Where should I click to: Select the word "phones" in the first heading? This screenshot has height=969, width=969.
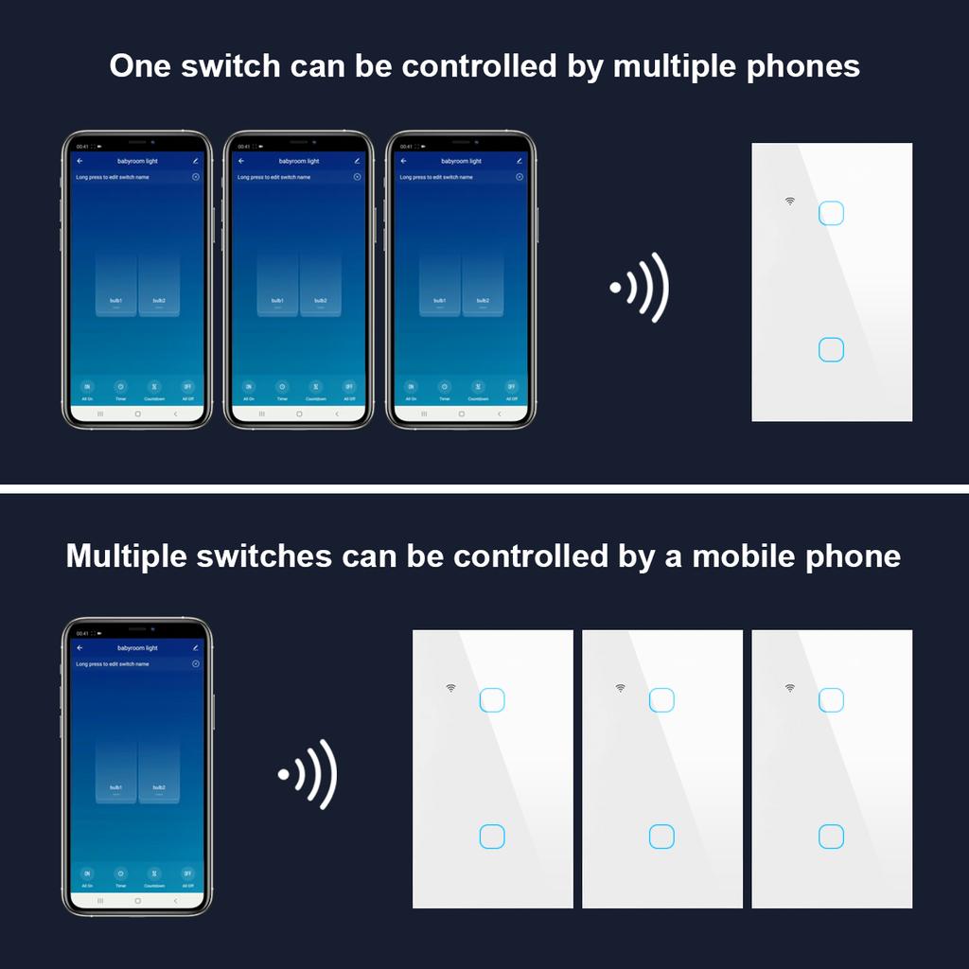[803, 66]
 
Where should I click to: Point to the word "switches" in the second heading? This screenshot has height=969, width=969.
[264, 555]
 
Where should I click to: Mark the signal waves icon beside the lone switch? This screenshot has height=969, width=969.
[641, 287]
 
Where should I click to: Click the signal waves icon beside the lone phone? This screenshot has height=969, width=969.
[308, 774]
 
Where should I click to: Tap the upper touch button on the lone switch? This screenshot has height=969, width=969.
[831, 213]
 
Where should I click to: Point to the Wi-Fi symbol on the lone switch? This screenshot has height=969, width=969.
[790, 201]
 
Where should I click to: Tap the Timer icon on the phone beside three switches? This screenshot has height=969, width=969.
[120, 873]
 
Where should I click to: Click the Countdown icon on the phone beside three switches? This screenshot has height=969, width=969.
[154, 873]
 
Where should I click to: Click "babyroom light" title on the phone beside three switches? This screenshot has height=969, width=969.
[137, 648]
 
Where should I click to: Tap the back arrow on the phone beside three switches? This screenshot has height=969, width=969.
[80, 648]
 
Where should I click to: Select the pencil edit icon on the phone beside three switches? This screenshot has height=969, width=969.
[195, 648]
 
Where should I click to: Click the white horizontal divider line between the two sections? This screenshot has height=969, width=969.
[484, 489]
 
